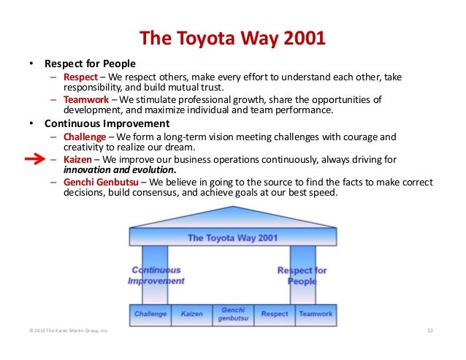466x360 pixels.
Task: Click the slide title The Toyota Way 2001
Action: (232, 37)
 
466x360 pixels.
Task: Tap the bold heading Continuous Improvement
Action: (106, 123)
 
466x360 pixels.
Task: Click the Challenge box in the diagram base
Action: (150, 314)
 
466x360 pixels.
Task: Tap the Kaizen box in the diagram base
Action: (191, 314)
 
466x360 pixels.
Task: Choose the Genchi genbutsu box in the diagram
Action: (232, 314)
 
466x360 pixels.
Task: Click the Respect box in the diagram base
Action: (274, 314)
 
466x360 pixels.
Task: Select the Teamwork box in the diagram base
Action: (316, 314)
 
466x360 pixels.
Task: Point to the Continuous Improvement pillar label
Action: (156, 275)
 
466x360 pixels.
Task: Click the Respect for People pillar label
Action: (302, 275)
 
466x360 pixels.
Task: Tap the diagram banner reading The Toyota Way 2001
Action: (232, 237)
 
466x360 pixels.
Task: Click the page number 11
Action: (429, 333)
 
